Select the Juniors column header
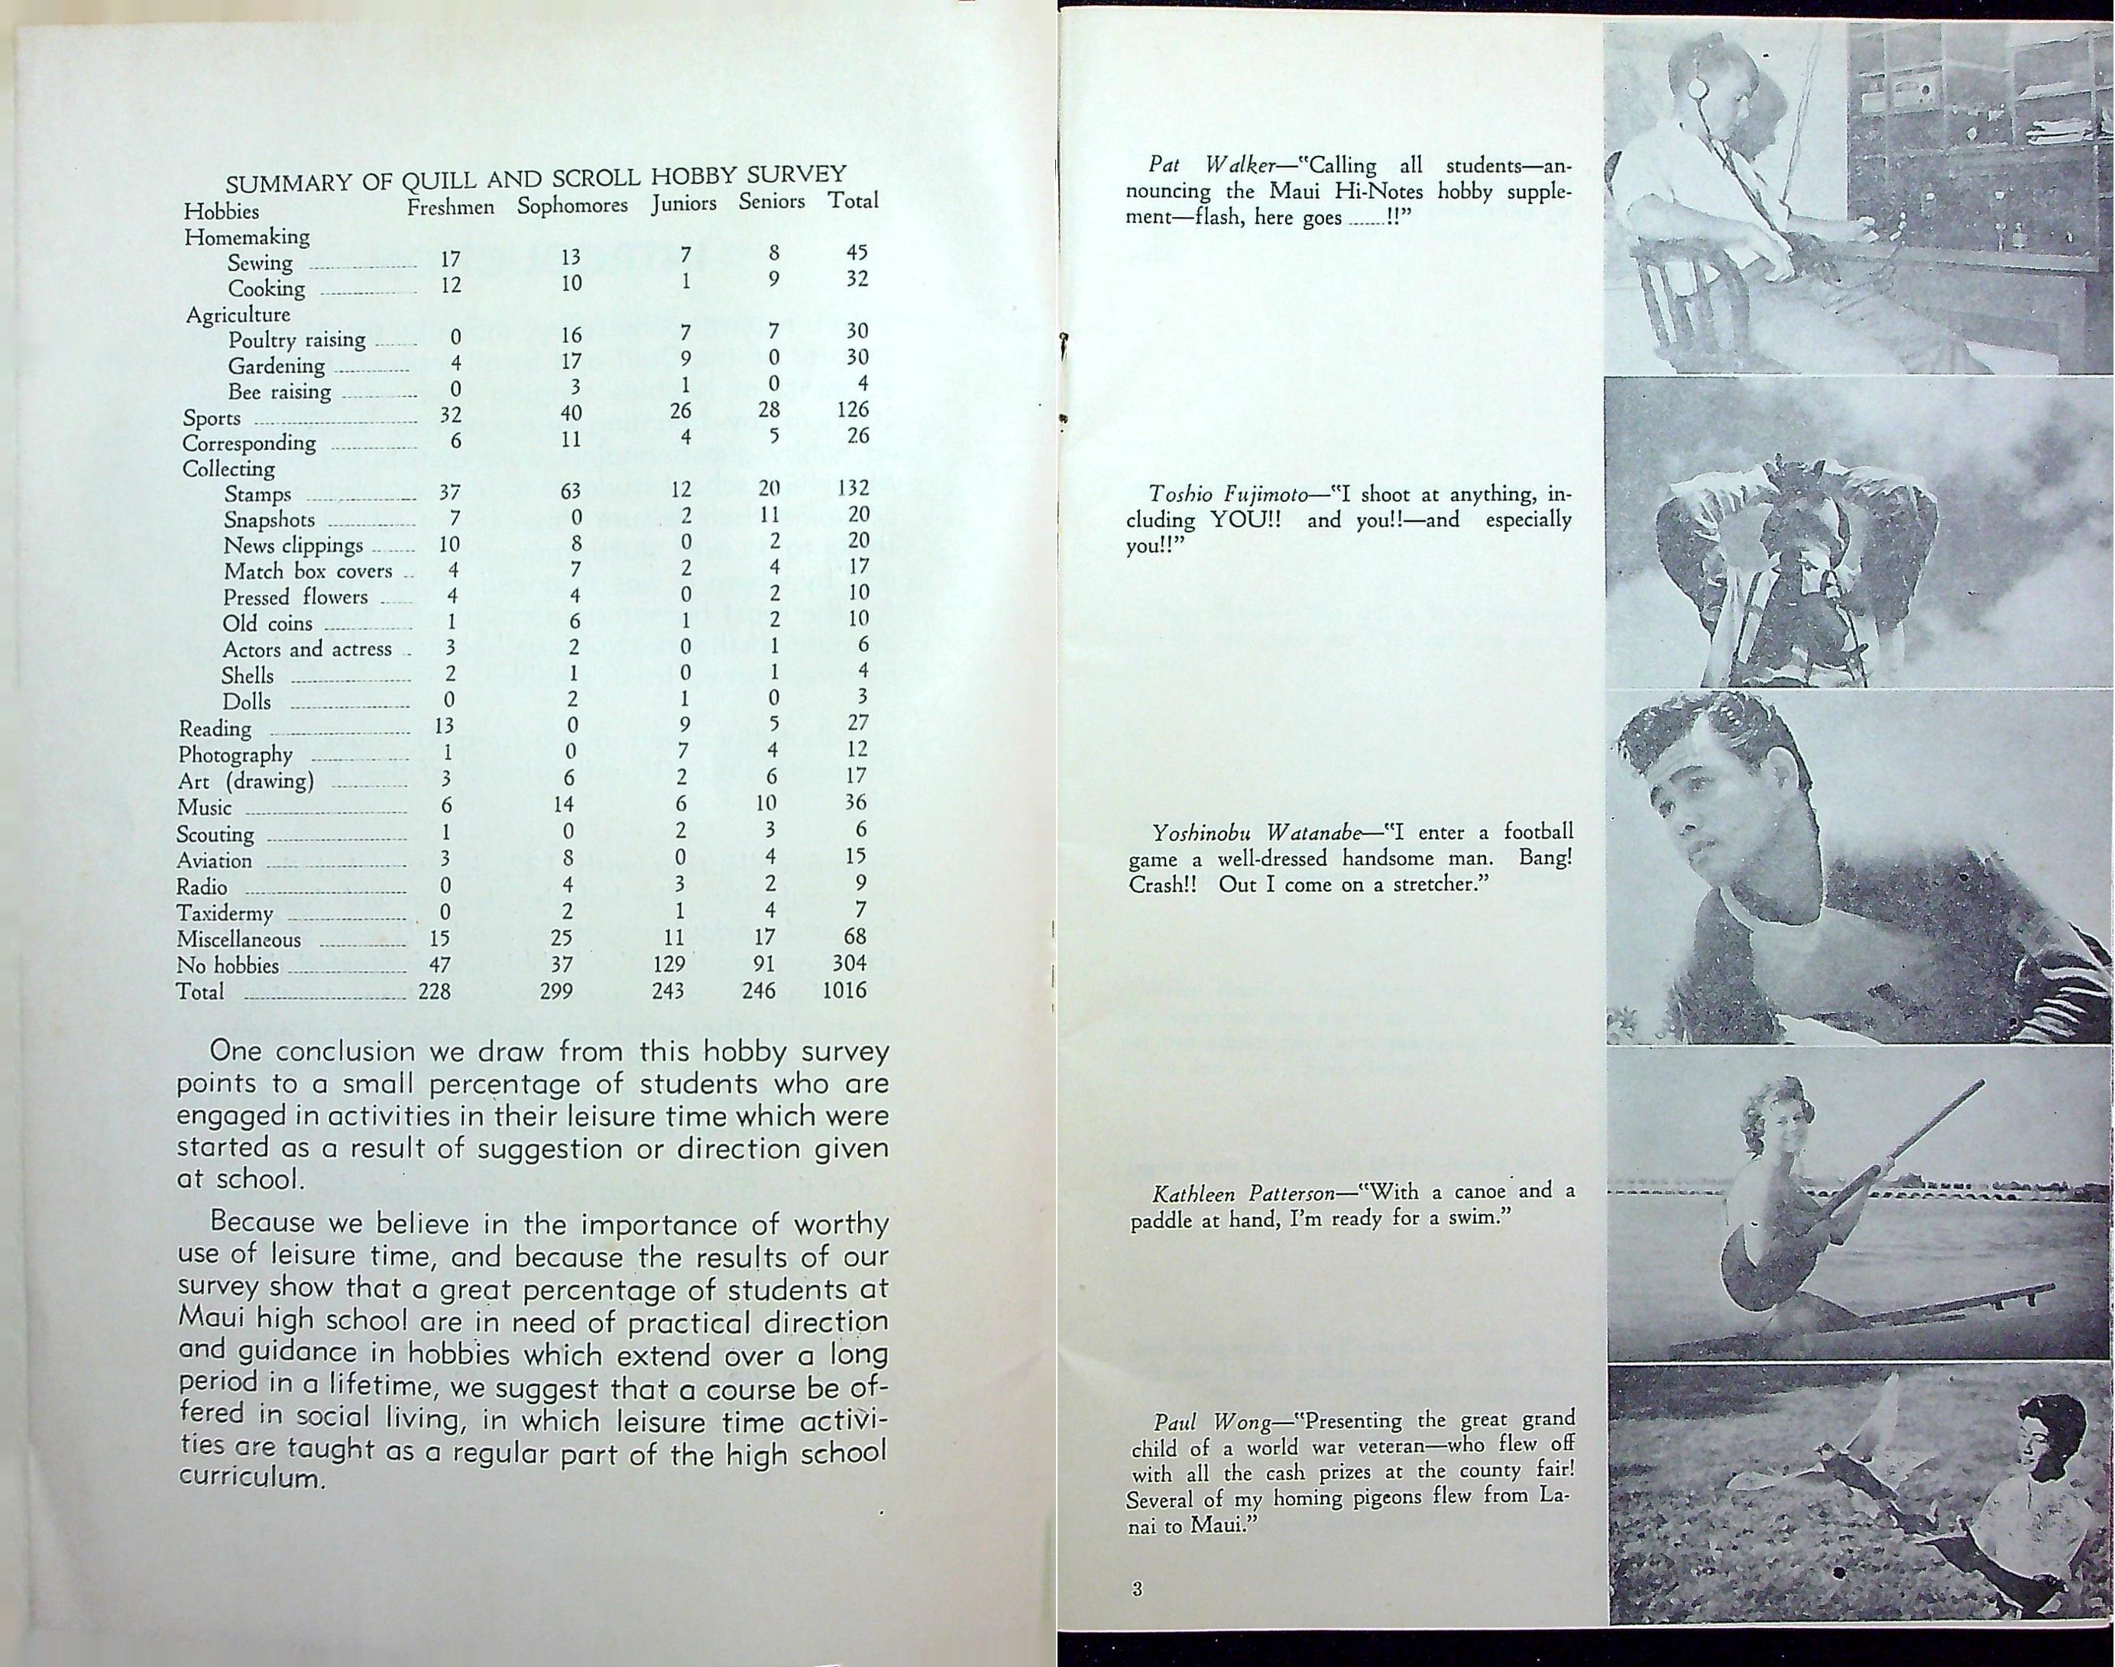pos(683,204)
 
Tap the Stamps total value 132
pos(852,487)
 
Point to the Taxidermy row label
pos(225,914)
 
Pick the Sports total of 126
pos(852,410)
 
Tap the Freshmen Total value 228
pos(434,992)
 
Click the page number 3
pos(1137,1589)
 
